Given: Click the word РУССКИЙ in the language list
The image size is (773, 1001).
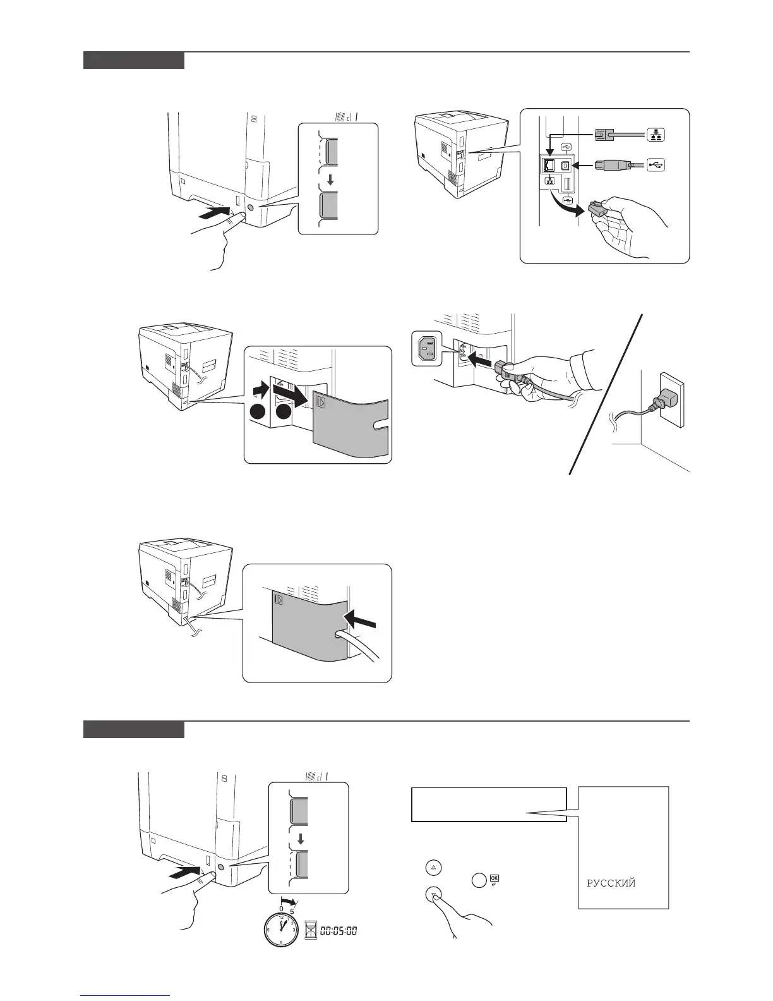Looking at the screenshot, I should (611, 883).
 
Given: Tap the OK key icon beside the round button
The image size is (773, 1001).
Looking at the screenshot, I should (494, 878).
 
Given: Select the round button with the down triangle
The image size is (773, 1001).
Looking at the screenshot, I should (433, 894).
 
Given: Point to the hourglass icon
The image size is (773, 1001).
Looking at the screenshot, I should (309, 931).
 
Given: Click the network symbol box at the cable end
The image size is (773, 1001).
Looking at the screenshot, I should (656, 134).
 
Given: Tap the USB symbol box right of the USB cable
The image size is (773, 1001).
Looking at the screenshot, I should (656, 166).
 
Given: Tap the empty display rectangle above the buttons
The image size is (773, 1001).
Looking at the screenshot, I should (488, 804).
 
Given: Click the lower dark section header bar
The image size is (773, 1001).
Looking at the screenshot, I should (134, 729).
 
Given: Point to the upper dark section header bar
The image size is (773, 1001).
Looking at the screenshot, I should (134, 61).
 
